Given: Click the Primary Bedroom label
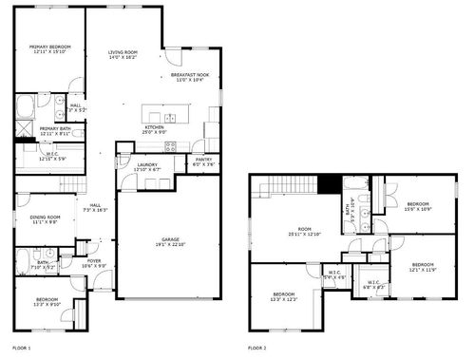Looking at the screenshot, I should (x=50, y=49).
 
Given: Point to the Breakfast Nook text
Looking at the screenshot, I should (x=190, y=77).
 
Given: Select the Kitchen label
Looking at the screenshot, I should (x=155, y=128).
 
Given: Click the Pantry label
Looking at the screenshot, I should (x=203, y=162).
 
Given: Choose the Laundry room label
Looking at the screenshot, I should (x=146, y=166).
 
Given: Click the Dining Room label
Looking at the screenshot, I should (x=45, y=219).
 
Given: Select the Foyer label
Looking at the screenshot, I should (x=95, y=263).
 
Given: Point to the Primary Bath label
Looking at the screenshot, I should (x=54, y=130).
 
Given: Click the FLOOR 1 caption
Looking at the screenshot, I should (x=21, y=349).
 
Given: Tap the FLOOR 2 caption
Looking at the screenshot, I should (x=256, y=349).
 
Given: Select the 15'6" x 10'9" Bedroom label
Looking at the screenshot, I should (x=419, y=206).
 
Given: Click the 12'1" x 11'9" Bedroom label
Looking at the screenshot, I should (x=422, y=267).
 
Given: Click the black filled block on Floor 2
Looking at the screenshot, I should (x=329, y=185).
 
